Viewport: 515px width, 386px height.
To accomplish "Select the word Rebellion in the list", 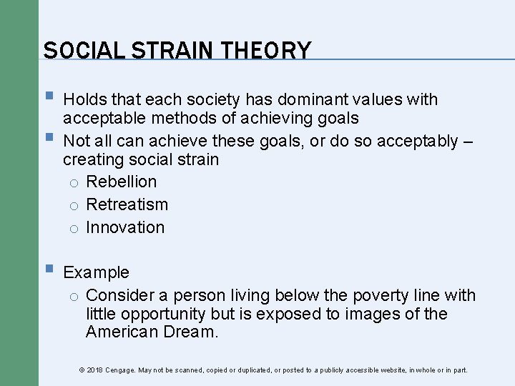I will click(121, 182).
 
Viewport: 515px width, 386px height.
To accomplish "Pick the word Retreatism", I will click(127, 204).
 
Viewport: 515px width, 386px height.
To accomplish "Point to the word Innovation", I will click(125, 227).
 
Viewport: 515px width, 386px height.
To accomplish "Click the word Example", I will click(97, 272).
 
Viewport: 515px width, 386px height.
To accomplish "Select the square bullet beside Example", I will click(48, 270).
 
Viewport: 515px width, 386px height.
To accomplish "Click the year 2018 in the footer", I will click(94, 370).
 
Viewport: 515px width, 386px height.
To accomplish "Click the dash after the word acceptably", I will click(468, 141).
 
